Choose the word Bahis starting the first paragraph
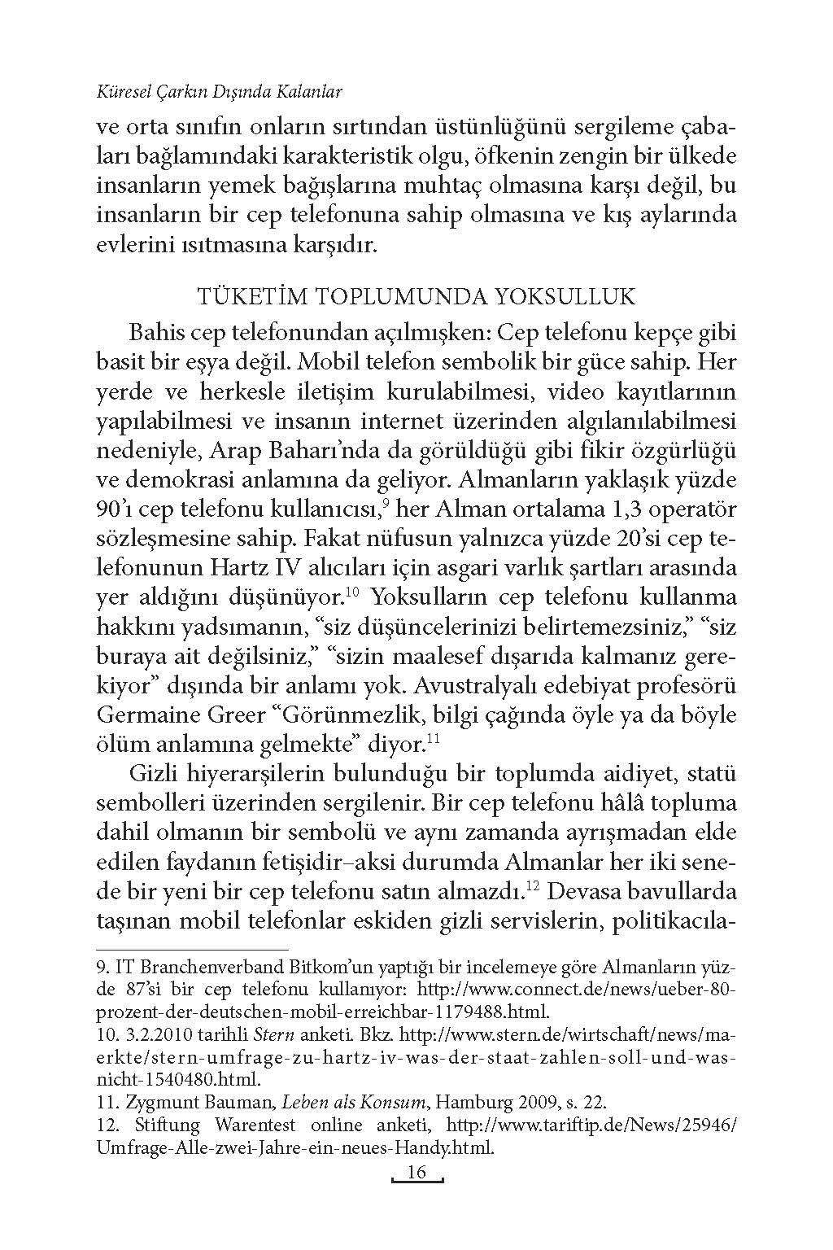156,334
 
